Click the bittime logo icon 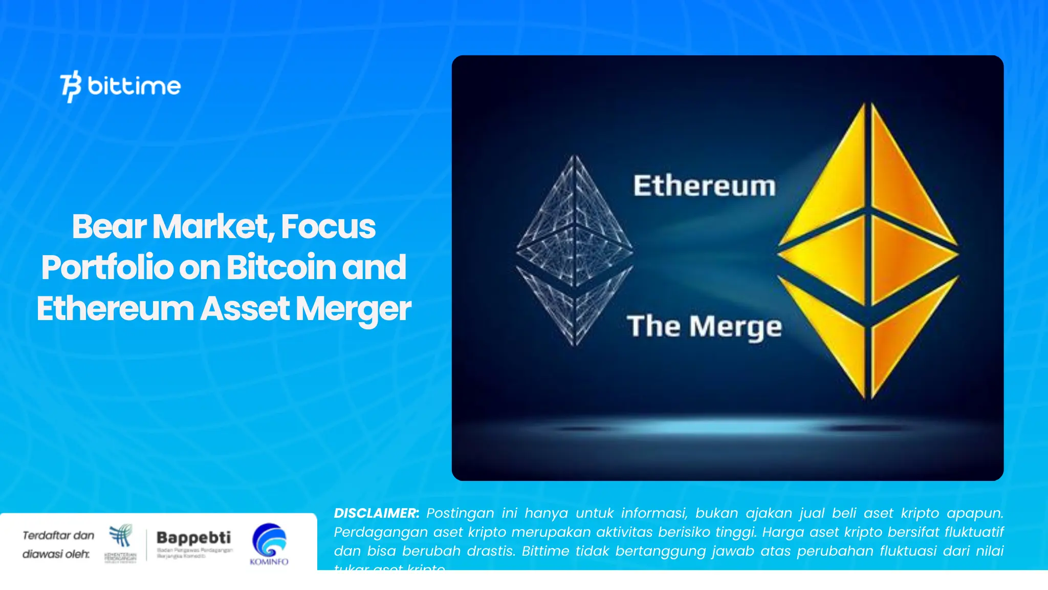(x=71, y=86)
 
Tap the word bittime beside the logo (x=134, y=86)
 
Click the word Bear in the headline (x=109, y=226)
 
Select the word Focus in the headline (x=328, y=226)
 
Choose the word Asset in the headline (x=245, y=309)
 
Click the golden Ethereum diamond (x=868, y=251)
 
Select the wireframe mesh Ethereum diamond (x=575, y=251)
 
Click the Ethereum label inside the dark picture (x=705, y=185)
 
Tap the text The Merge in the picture (x=705, y=326)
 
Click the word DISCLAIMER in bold (x=376, y=513)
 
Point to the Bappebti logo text (x=193, y=538)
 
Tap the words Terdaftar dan (x=58, y=535)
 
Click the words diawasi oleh (x=56, y=554)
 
